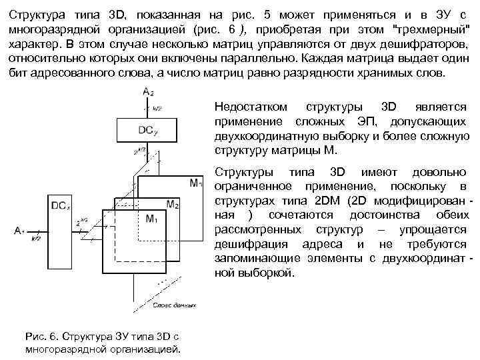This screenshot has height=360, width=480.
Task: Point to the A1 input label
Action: [x=19, y=231]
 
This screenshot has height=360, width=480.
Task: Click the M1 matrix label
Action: [x=151, y=219]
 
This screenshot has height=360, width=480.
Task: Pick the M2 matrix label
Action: [x=173, y=203]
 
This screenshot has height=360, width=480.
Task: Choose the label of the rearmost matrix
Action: [x=196, y=183]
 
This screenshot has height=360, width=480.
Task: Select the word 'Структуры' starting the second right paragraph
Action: [x=240, y=172]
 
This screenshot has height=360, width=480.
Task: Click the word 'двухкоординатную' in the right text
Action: [x=262, y=136]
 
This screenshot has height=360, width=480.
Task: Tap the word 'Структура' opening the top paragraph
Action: [x=36, y=15]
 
